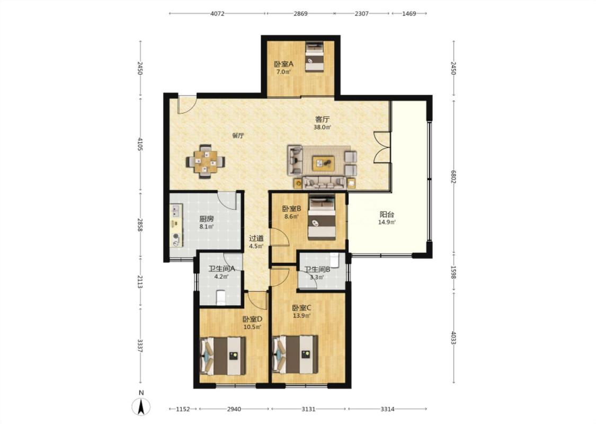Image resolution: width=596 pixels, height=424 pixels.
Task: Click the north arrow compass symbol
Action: (141, 407)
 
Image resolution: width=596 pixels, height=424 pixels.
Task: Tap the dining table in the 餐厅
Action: (205, 162)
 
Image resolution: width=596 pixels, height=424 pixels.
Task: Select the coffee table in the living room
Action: (324, 164)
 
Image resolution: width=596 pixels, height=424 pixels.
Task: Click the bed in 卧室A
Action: (314, 57)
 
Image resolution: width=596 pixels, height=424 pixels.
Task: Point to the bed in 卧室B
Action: (322, 217)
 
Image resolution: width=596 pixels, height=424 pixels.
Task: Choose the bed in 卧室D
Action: (223, 356)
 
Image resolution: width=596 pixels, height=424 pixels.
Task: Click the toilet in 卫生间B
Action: (335, 260)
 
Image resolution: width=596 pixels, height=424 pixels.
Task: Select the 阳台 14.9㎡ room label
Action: (387, 218)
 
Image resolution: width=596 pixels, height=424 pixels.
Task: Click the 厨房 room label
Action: (207, 219)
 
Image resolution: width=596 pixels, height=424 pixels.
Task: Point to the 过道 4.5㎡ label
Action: (256, 242)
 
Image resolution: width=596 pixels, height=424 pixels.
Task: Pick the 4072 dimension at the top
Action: (217, 14)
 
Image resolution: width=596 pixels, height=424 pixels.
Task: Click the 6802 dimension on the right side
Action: (453, 177)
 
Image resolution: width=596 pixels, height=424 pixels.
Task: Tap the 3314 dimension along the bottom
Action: (387, 409)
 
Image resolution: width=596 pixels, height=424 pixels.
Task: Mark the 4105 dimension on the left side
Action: (140, 144)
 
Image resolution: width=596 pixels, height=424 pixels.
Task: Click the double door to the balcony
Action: (382, 147)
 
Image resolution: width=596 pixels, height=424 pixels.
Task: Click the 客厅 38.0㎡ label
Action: (322, 123)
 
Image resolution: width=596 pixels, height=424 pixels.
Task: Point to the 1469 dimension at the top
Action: (409, 14)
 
